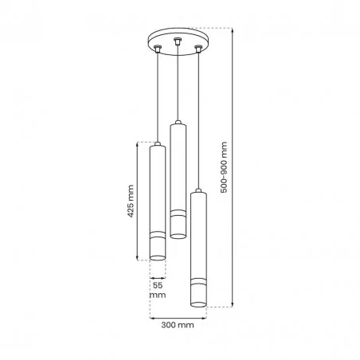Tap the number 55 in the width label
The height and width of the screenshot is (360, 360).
158,284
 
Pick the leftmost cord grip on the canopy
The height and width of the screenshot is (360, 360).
158,50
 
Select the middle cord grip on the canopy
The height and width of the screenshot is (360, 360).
177,39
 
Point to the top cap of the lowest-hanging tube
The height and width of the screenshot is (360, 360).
197,193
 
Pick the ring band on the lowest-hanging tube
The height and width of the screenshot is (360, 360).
197,284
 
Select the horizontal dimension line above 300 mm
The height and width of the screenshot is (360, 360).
178,316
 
